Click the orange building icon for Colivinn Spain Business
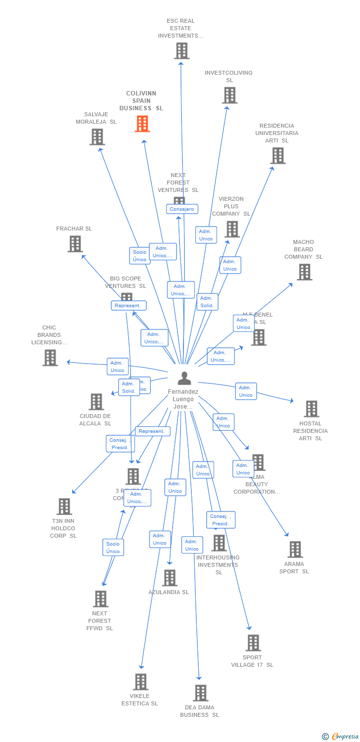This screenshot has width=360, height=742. (x=142, y=124)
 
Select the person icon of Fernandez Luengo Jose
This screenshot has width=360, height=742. (x=184, y=378)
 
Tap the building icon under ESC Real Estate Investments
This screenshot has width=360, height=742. (x=181, y=50)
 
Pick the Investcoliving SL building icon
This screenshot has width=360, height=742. (x=229, y=95)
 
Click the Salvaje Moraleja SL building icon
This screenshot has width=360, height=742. (x=97, y=137)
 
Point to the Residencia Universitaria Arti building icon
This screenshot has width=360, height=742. (x=277, y=155)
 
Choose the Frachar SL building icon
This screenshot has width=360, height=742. (x=75, y=244)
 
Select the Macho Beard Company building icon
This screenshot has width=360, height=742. (x=304, y=272)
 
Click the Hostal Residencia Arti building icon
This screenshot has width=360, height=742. (x=311, y=409)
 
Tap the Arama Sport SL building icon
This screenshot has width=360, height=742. (x=295, y=549)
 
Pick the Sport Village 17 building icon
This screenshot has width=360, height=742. (x=253, y=643)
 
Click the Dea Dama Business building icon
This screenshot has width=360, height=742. (x=200, y=693)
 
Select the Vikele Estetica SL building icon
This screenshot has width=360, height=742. (x=140, y=682)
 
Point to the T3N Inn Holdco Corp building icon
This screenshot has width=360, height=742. (x=64, y=507)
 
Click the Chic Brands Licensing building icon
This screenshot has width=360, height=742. (x=50, y=357)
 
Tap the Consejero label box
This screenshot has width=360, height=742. (x=182, y=209)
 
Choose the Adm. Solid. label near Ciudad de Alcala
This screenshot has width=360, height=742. (x=129, y=387)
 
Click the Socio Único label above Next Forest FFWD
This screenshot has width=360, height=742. (x=113, y=548)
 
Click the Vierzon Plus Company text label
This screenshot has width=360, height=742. (x=231, y=206)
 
